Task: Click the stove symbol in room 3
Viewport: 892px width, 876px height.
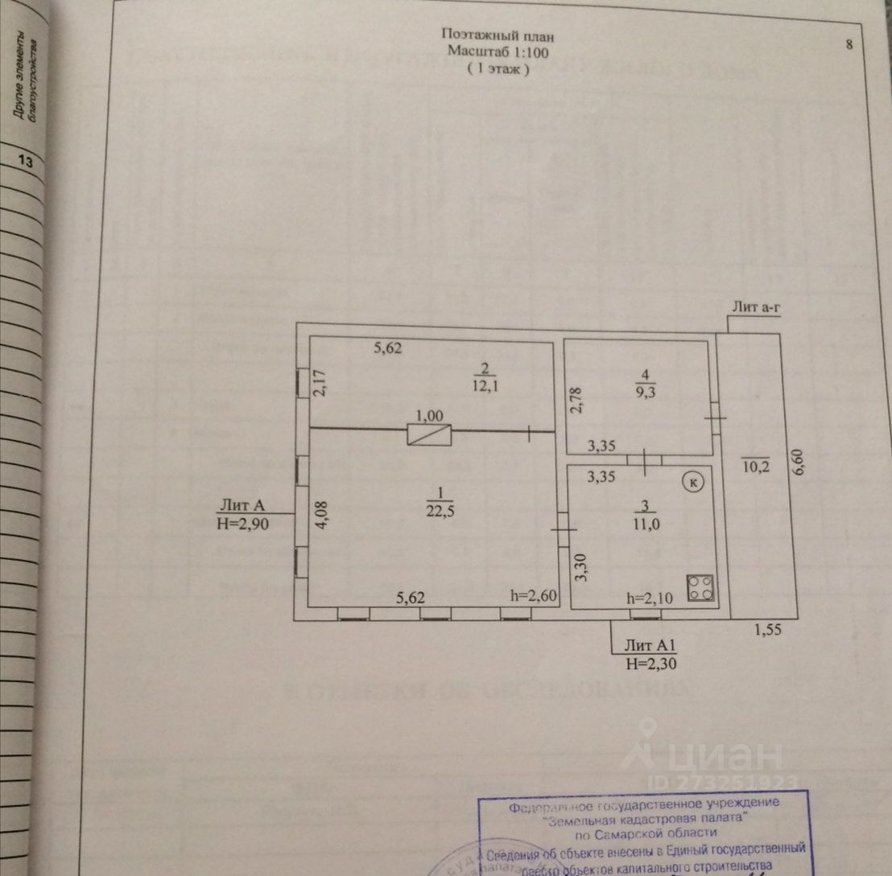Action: pyautogui.click(x=700, y=588)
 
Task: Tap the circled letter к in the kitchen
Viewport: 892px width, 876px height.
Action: pyautogui.click(x=692, y=482)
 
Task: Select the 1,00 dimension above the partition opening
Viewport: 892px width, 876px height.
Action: pyautogui.click(x=428, y=416)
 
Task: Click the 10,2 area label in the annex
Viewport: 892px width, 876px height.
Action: pyautogui.click(x=756, y=465)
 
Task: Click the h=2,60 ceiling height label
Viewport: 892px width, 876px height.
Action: pyautogui.click(x=531, y=595)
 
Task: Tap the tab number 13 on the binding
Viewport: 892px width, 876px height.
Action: pyautogui.click(x=25, y=162)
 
